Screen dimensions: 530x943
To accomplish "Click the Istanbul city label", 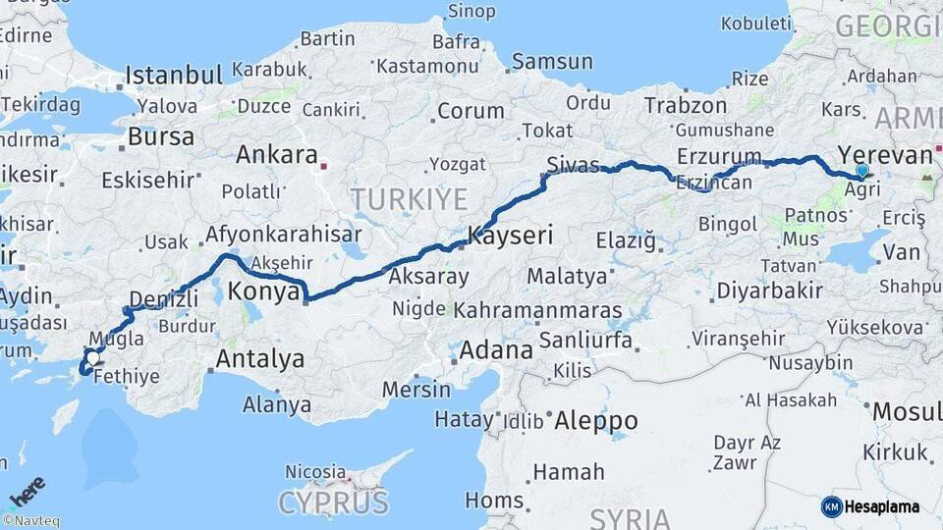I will click(x=174, y=75).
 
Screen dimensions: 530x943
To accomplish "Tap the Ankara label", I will click(x=276, y=154).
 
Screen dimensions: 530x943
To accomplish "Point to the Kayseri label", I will click(x=510, y=236).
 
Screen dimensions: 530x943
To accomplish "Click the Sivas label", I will click(x=574, y=164).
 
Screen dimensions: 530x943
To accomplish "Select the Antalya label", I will click(x=259, y=359).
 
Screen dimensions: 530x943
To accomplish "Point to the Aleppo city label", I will click(x=595, y=422).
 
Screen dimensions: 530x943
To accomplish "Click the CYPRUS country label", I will click(x=333, y=503).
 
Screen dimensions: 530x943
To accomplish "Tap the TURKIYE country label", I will click(x=409, y=199).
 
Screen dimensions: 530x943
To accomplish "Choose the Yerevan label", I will click(x=884, y=155).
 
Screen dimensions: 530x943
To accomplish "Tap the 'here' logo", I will click(x=28, y=491).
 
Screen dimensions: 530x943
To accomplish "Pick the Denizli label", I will click(x=156, y=297).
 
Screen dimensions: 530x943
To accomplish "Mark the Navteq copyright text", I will click(x=30, y=521).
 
